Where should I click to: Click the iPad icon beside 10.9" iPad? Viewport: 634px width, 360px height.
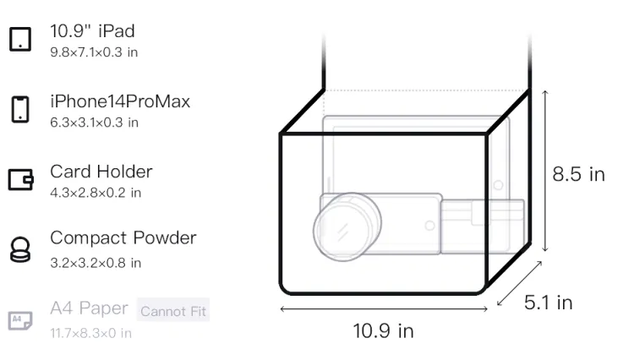(20, 39)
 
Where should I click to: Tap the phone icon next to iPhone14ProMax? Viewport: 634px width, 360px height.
(20, 109)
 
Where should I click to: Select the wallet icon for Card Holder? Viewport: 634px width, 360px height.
(20, 179)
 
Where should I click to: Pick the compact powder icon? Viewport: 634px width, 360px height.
(20, 249)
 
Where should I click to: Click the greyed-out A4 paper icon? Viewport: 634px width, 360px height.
(20, 320)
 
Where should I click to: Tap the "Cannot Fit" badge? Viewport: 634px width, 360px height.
(173, 311)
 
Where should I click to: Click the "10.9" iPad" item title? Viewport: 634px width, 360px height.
(92, 31)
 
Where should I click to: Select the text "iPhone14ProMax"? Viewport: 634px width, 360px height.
(120, 101)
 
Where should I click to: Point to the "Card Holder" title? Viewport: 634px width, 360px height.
(101, 172)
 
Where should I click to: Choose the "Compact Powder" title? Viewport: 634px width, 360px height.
(123, 238)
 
